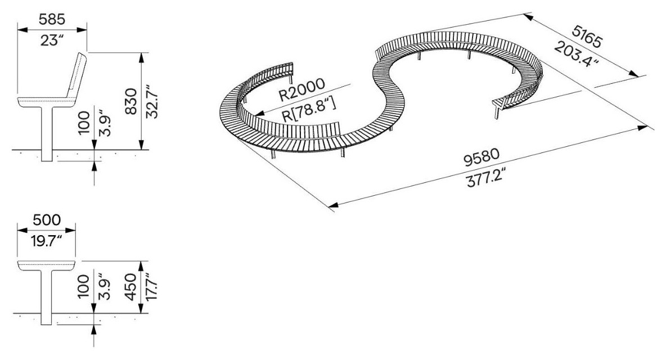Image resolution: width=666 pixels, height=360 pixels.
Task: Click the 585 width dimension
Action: [52, 20]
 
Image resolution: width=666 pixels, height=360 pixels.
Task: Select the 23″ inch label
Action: [52, 40]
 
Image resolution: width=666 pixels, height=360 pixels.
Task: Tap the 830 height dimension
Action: [132, 101]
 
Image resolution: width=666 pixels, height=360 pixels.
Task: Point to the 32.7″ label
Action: [152, 102]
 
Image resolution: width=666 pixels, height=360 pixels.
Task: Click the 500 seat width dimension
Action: [47, 220]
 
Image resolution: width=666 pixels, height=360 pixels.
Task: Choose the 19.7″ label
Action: [47, 241]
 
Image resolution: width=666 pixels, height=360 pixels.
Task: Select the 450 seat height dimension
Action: [132, 287]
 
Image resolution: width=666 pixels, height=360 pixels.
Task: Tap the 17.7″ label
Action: [152, 287]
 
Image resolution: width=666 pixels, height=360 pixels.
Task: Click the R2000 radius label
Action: [301, 89]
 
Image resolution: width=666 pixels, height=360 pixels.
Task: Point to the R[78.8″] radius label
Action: [309, 110]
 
